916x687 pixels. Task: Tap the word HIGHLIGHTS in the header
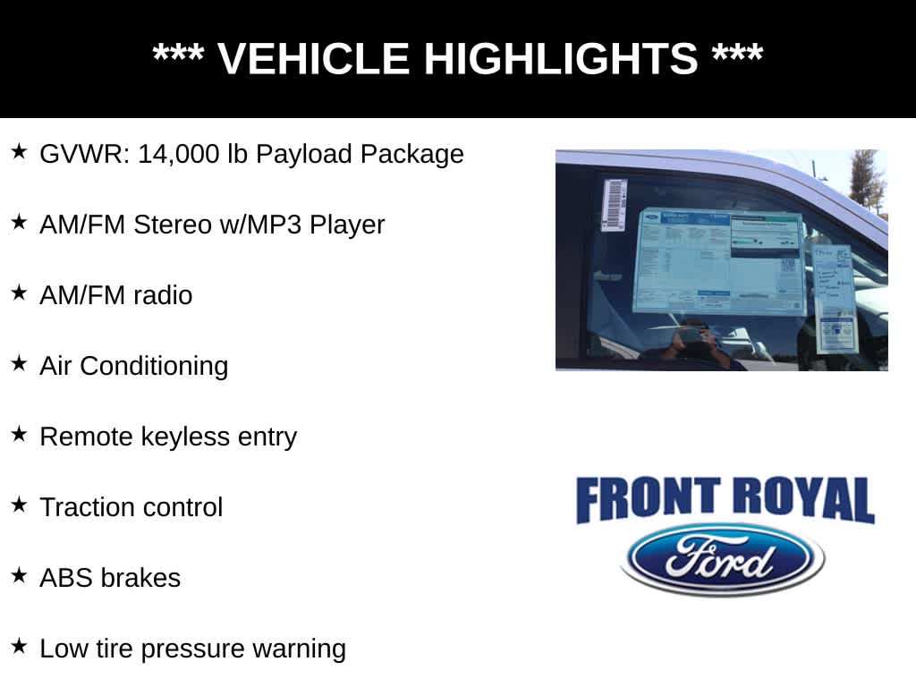[x=560, y=59]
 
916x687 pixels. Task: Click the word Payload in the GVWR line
[x=304, y=154]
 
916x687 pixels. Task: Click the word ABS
[x=65, y=578]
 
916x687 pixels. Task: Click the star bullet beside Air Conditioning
[x=20, y=363]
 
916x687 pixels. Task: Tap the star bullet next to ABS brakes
[x=20, y=575]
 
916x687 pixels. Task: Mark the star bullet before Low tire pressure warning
[x=20, y=646]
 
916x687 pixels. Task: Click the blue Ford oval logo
[x=723, y=560]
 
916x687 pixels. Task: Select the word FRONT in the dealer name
[x=648, y=500]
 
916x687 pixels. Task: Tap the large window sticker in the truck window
[x=718, y=261]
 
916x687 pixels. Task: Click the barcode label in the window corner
[x=614, y=205]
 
